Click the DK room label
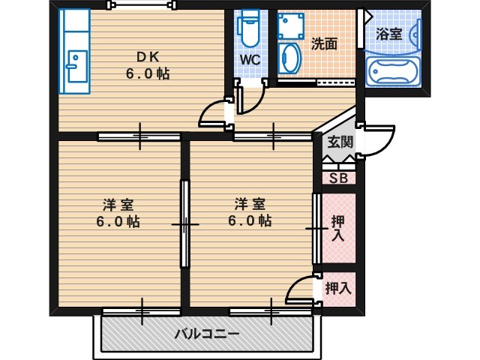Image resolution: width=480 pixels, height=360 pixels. point(148,57)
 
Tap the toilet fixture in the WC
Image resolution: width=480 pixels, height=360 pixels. point(249,28)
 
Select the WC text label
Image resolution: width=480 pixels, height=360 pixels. point(250,60)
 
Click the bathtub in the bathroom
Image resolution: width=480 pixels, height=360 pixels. point(392,72)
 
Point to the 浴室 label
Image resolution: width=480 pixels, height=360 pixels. point(388,34)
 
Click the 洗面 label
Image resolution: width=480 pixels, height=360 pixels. point(325,44)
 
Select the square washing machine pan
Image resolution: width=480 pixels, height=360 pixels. point(291,26)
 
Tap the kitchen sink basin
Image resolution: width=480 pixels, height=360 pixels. point(77,66)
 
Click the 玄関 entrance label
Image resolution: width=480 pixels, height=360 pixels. point(340,142)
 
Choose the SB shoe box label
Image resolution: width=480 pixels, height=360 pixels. point(338,178)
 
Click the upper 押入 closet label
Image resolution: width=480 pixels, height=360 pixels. point(338,228)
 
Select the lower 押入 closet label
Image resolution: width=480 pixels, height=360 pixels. point(337,288)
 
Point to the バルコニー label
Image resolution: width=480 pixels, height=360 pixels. point(207,334)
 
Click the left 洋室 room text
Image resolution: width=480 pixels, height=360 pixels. point(118,205)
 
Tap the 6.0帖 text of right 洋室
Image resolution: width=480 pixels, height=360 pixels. point(250,220)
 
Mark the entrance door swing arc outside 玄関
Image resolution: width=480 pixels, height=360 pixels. point(385,144)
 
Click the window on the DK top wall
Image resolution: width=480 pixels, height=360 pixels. point(142,4)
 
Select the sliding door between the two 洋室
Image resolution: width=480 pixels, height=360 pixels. point(185,223)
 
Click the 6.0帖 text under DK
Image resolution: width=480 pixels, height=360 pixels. point(148,73)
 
